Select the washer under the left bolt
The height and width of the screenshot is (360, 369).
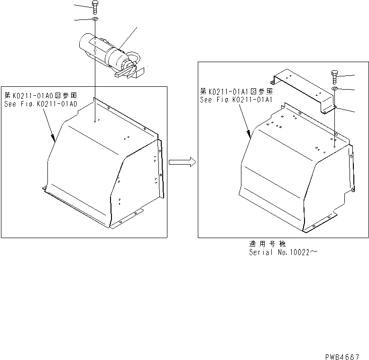tap(95, 19)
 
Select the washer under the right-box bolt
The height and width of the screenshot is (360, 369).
tap(335, 89)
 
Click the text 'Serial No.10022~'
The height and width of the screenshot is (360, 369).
tap(283, 252)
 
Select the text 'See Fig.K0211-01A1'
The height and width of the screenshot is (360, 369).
tap(236, 100)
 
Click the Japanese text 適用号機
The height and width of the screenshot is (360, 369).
tap(268, 244)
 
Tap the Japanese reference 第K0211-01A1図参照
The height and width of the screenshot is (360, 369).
tap(236, 92)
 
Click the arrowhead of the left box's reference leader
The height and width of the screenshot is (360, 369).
tap(54, 139)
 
